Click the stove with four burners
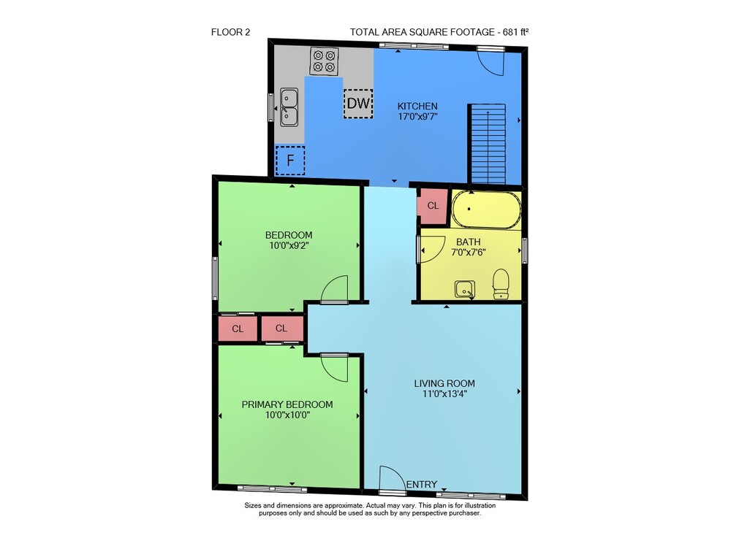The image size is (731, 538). pyautogui.click(x=324, y=61)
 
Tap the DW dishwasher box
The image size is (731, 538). pyautogui.click(x=358, y=104)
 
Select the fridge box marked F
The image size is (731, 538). pyautogui.click(x=290, y=161)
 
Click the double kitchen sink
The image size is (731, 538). pyautogui.click(x=289, y=107)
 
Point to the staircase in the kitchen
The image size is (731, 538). pyautogui.click(x=488, y=145)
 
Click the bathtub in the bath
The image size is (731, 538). pyautogui.click(x=485, y=210)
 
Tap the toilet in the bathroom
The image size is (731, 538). pyautogui.click(x=501, y=283)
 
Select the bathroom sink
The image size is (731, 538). pyautogui.click(x=465, y=289)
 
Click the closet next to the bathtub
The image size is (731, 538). pyautogui.click(x=433, y=205)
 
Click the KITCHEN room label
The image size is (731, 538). pyautogui.click(x=417, y=106)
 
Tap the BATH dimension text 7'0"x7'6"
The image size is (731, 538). pyautogui.click(x=469, y=253)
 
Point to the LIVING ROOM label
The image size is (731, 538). pyautogui.click(x=444, y=383)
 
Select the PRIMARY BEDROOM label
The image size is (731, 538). pyautogui.click(x=287, y=404)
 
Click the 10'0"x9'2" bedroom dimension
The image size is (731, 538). pyautogui.click(x=289, y=245)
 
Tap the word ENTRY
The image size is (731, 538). pyautogui.click(x=422, y=485)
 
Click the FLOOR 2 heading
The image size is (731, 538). pyautogui.click(x=231, y=32)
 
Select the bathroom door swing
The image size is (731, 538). pyautogui.click(x=433, y=250)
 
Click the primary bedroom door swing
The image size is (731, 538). pyautogui.click(x=335, y=368)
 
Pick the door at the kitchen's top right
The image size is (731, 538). pyautogui.click(x=491, y=61)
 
